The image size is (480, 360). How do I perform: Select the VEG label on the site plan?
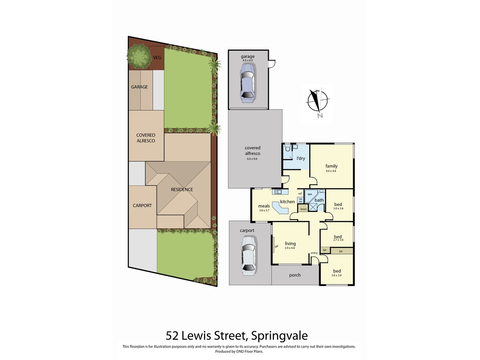point(157,58)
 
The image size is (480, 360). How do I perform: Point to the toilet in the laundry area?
point(288,149)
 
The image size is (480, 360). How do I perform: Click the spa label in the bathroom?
point(309,193)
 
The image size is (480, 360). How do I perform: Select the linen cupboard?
point(303,209)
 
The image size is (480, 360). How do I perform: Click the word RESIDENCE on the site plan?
point(182,190)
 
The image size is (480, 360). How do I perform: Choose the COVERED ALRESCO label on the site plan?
point(145,138)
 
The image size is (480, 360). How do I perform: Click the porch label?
point(295,275)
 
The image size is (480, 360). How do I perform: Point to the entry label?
point(314,252)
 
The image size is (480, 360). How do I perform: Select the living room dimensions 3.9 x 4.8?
point(290,248)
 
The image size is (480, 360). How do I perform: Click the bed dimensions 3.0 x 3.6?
point(338,208)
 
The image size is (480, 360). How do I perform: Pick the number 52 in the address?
point(172,335)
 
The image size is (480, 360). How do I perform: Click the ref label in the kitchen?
point(300,194)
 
